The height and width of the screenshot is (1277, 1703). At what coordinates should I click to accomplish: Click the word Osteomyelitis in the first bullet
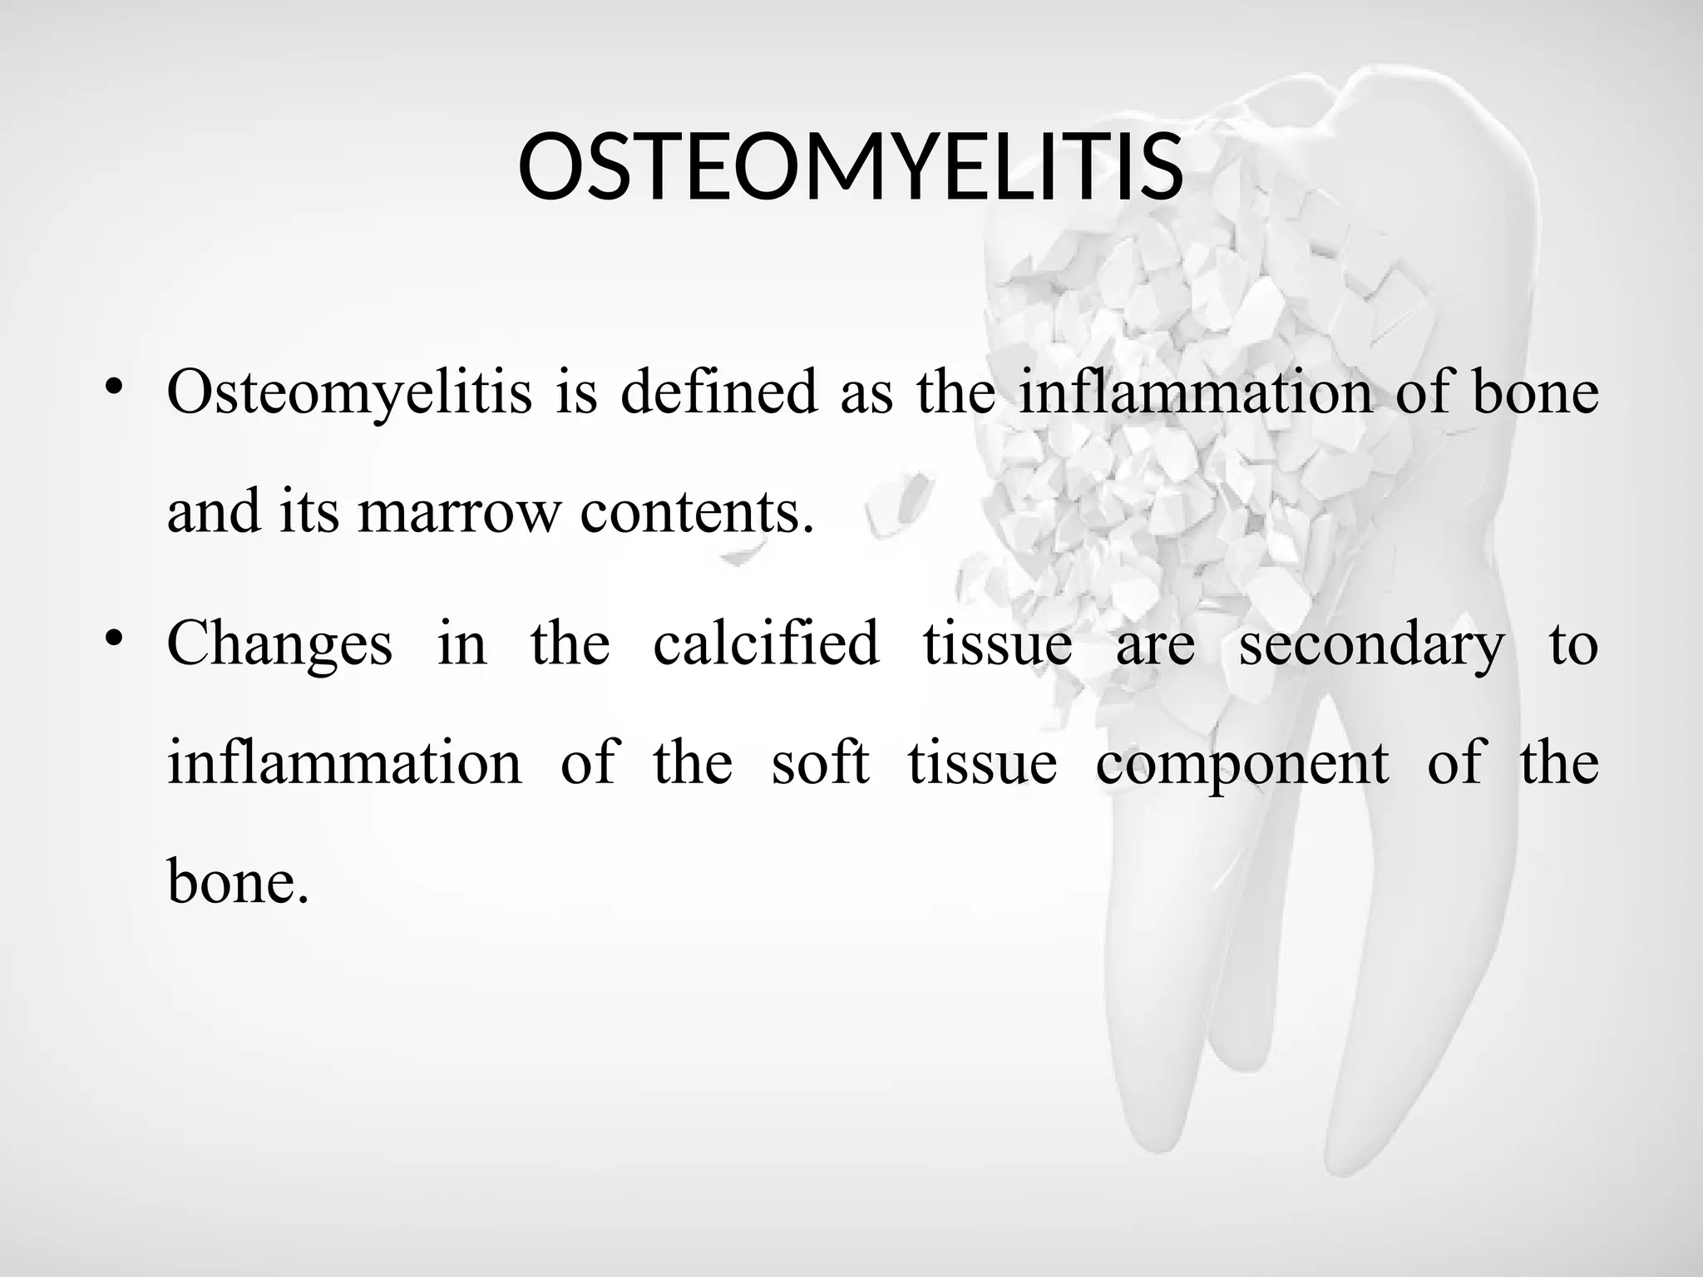(x=349, y=392)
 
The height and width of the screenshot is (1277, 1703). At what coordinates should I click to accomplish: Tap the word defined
(x=719, y=392)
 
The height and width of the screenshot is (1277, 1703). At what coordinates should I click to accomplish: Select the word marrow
(x=460, y=511)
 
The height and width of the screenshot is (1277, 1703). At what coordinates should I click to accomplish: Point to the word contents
(x=697, y=511)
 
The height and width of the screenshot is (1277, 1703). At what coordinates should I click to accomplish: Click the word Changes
(x=279, y=643)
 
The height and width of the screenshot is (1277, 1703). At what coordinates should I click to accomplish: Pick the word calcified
(x=766, y=643)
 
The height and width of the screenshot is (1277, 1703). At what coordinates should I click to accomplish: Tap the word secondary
(x=1372, y=643)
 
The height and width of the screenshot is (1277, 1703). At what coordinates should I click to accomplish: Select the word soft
(x=820, y=762)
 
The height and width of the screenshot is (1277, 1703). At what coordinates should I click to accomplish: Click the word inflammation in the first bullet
(x=1196, y=392)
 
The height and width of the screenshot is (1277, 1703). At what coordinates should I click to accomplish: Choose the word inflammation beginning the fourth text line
(x=344, y=762)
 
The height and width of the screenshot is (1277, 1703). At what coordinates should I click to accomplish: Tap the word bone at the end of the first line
(x=1535, y=392)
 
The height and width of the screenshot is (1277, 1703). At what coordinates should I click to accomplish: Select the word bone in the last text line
(x=238, y=881)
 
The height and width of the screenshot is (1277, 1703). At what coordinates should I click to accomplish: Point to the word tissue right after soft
(x=982, y=762)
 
